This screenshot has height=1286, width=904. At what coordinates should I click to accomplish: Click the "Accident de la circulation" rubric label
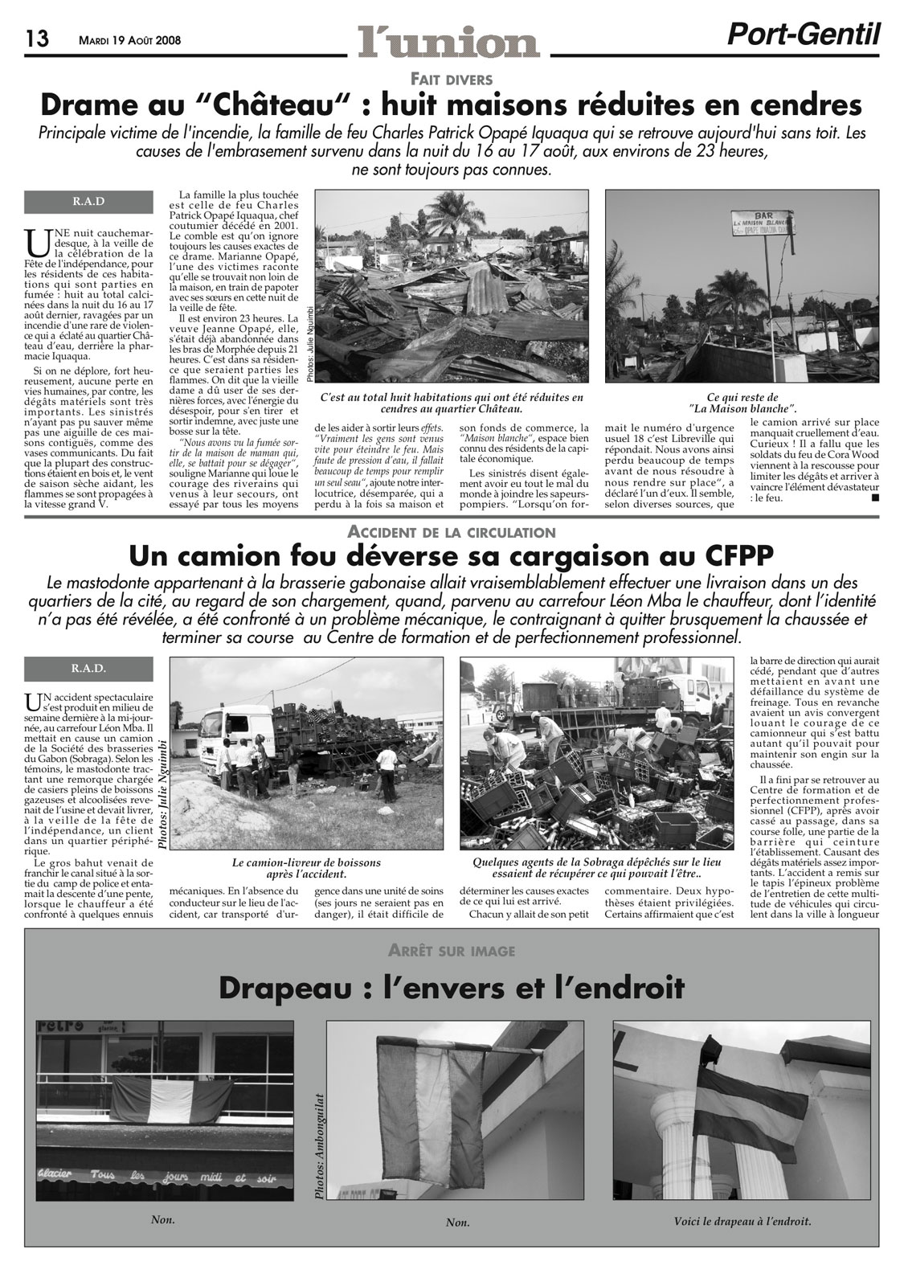[x=452, y=531]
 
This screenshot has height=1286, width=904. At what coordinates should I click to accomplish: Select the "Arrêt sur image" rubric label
[x=452, y=950]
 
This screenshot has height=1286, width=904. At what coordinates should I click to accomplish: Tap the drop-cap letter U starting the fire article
[x=35, y=240]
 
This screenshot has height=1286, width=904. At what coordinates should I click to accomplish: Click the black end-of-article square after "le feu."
[x=874, y=498]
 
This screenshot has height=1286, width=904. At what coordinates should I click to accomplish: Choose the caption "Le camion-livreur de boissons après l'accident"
[x=306, y=868]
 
